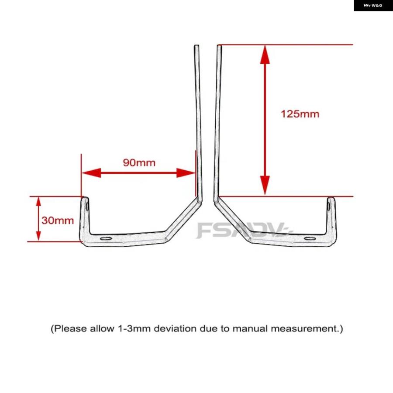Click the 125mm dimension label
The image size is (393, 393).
coord(300,114)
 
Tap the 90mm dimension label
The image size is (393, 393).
coord(139,163)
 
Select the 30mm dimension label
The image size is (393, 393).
coord(58,221)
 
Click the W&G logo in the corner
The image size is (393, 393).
coord(373,6)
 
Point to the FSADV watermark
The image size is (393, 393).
coord(245,230)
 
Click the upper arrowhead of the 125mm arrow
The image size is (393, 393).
coord(265,55)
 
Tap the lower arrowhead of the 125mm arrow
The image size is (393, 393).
coord(265,185)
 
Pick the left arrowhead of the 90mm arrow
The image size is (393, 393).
coord(92,173)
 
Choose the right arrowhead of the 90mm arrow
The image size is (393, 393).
coord(186,173)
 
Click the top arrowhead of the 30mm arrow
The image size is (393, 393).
coord(38,201)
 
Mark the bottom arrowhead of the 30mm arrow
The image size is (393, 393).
coord(38,236)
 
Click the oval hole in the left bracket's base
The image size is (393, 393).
coord(106,238)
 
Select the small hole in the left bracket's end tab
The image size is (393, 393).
coord(87,207)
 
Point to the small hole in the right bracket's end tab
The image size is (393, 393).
coord(328,206)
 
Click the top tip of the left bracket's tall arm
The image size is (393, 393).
coord(197,45)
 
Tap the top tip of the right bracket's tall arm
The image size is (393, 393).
coord(219,45)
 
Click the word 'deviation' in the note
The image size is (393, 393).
coord(176,328)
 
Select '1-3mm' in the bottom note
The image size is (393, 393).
coord(132,328)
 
